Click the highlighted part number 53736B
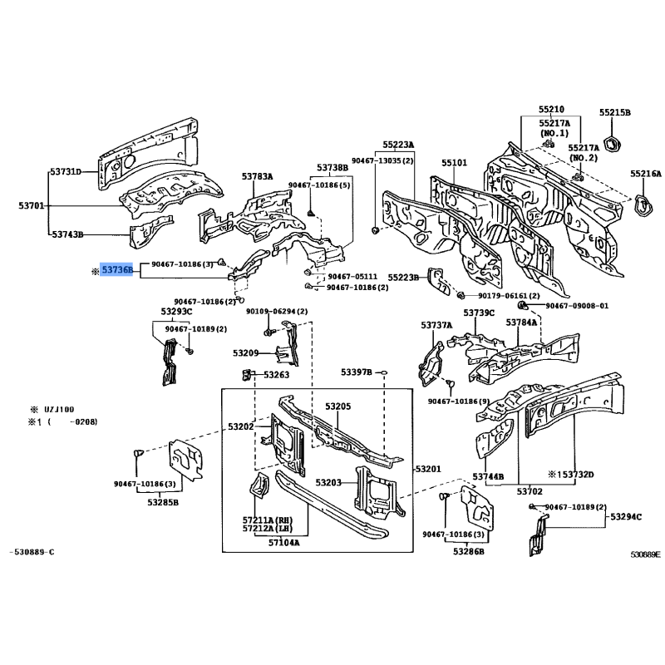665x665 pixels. [116, 270]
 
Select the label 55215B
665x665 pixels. [615, 112]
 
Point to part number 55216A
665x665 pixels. [645, 175]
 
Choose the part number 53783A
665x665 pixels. [258, 177]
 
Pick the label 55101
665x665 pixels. [454, 163]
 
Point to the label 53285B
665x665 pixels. [164, 502]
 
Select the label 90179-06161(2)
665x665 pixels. [509, 295]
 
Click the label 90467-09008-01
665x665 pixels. [577, 306]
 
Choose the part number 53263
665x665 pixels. [276, 375]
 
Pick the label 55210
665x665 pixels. [550, 109]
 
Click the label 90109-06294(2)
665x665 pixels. [276, 311]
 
